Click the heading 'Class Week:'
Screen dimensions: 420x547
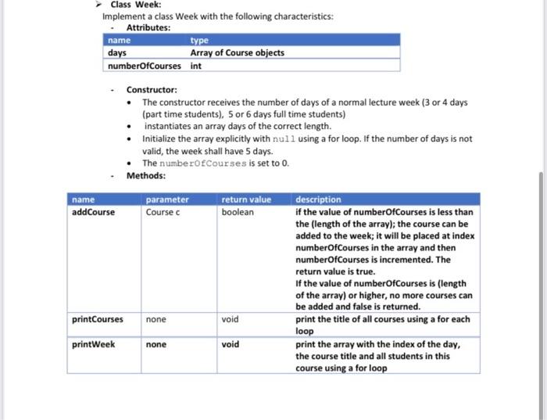tap(135, 5)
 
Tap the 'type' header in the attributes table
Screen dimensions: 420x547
tap(199, 40)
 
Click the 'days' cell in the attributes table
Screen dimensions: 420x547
tap(117, 52)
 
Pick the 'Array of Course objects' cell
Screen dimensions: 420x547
tap(237, 52)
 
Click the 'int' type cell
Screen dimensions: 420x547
tap(195, 66)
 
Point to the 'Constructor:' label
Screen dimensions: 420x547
tap(152, 90)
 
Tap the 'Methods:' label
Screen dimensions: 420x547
tap(145, 175)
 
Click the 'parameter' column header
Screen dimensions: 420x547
tap(167, 199)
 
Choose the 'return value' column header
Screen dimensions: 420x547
tap(246, 199)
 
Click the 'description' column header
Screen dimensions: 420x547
tap(318, 199)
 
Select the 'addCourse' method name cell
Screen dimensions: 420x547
tap(93, 212)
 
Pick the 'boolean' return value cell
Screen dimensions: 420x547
tap(238, 212)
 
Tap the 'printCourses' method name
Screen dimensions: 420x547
tap(97, 319)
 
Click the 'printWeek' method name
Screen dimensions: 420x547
tap(93, 344)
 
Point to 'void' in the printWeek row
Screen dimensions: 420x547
tap(230, 344)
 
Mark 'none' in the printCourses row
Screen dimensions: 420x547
tap(156, 319)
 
